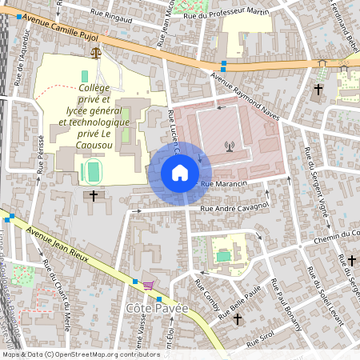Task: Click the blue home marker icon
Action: (x=180, y=173)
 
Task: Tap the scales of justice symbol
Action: (x=98, y=54)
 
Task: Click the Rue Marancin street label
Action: (x=222, y=184)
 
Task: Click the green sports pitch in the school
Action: (x=92, y=170)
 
